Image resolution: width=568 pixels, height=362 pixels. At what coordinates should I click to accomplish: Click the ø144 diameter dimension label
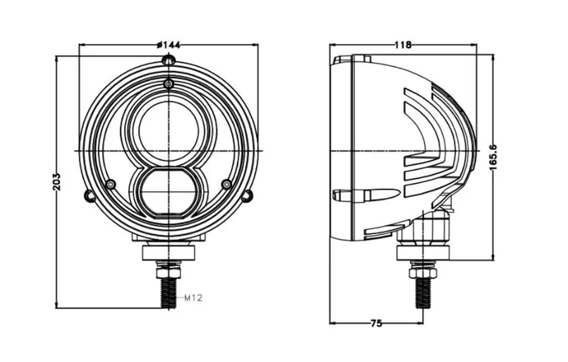[x=169, y=45]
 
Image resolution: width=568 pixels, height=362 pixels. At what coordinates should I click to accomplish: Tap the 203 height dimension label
[x=57, y=182]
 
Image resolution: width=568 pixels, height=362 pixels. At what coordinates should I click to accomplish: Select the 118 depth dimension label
[x=403, y=45]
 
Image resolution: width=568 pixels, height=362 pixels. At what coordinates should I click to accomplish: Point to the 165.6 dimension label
[x=493, y=157]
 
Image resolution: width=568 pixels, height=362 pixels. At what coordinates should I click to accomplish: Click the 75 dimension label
[x=377, y=323]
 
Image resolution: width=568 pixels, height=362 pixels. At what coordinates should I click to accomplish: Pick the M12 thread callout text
[x=194, y=298]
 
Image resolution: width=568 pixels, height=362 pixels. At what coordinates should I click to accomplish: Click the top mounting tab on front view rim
[x=169, y=60]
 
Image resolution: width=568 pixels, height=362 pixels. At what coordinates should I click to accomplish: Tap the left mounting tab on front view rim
[x=89, y=196]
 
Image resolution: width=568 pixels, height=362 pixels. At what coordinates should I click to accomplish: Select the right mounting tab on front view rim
[x=247, y=196]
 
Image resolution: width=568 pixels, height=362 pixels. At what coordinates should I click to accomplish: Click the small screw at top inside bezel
[x=169, y=84]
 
